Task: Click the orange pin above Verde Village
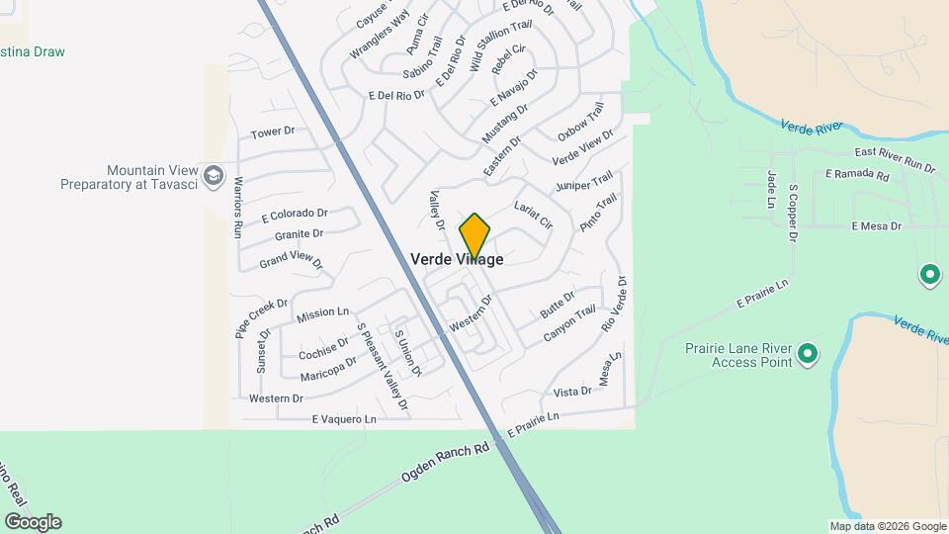(x=474, y=234)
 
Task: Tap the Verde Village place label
(x=457, y=259)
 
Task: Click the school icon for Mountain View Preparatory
(x=213, y=177)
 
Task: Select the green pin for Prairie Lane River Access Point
(x=808, y=353)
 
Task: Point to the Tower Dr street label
(x=273, y=132)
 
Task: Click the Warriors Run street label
(x=238, y=207)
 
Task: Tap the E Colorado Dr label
(x=295, y=214)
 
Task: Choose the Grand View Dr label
(x=291, y=260)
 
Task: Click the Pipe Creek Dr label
(x=261, y=317)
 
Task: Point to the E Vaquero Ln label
(x=344, y=419)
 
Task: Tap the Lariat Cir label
(x=533, y=214)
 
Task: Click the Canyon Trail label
(x=570, y=323)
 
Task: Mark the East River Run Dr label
(x=895, y=158)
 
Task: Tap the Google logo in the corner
(x=33, y=521)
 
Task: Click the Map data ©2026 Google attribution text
(x=888, y=526)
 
